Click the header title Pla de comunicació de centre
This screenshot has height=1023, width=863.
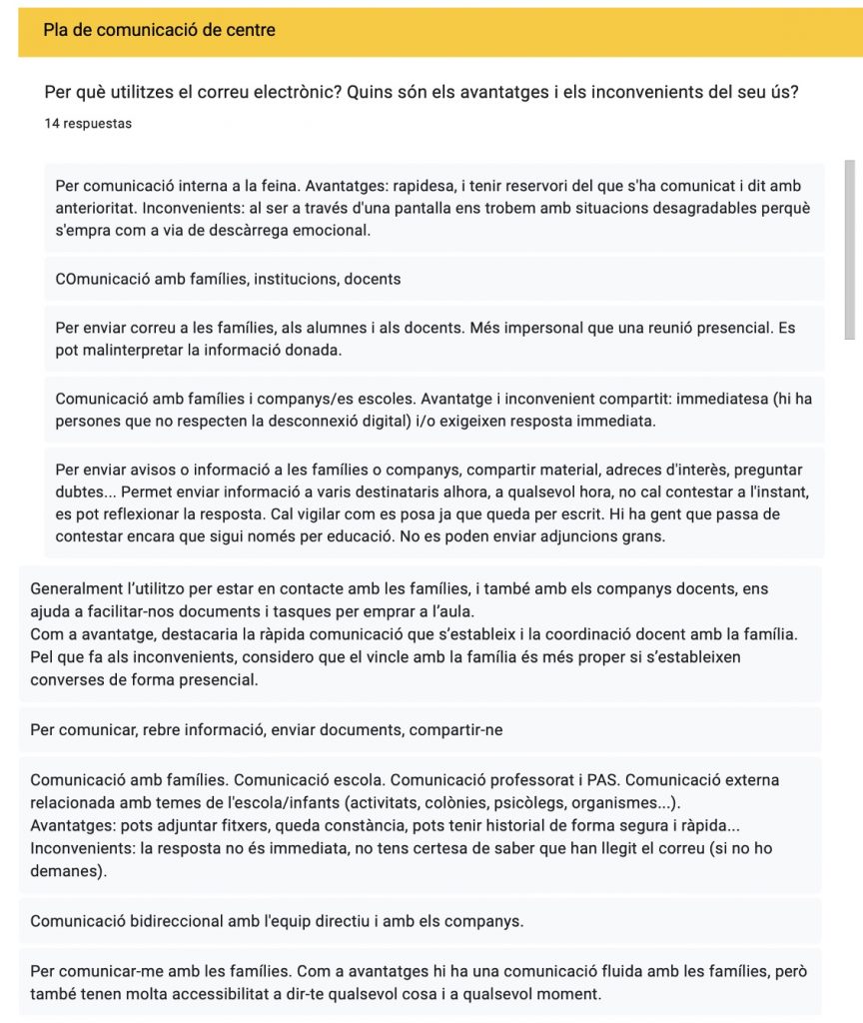(159, 30)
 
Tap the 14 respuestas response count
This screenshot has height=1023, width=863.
(88, 124)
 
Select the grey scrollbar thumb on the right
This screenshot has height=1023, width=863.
(850, 250)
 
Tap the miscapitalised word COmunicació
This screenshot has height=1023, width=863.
(104, 279)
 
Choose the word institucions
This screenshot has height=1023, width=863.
(292, 279)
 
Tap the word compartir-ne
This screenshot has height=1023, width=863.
(454, 729)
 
